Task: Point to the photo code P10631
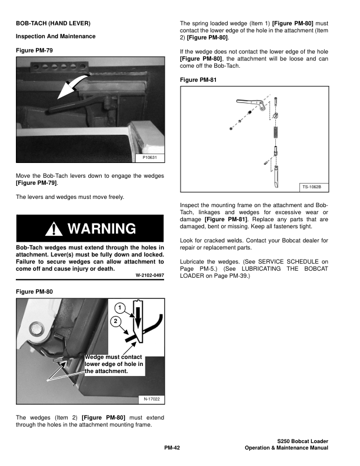[x=152, y=158]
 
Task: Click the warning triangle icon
[x=56, y=228]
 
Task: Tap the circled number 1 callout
[x=119, y=308]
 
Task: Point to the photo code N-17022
[x=152, y=400]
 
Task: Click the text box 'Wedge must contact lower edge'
[x=113, y=364]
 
